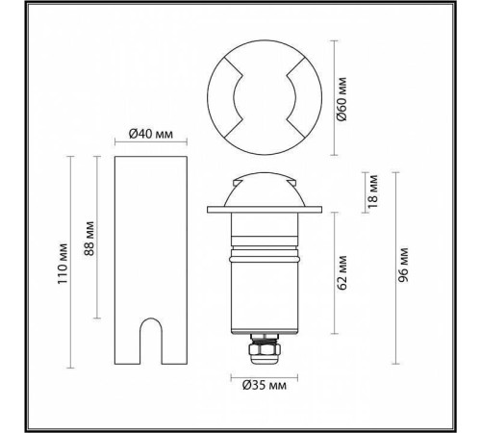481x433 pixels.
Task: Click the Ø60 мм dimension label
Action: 343,97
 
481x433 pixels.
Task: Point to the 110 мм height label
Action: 64,260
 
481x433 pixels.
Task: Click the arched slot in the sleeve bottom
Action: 149,342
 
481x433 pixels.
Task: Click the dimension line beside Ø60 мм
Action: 333,97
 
